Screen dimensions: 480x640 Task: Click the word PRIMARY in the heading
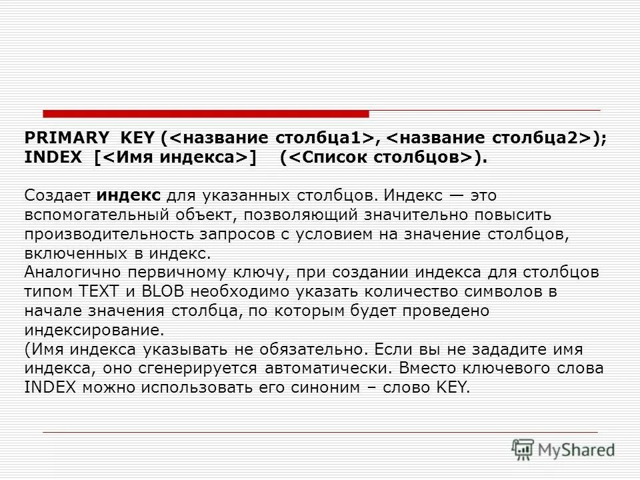(x=66, y=138)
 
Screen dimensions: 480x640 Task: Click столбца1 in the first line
(x=323, y=138)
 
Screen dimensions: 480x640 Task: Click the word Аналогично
(x=70, y=273)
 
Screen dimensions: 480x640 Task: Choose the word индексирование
(x=93, y=329)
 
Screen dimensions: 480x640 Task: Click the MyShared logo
(x=563, y=449)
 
